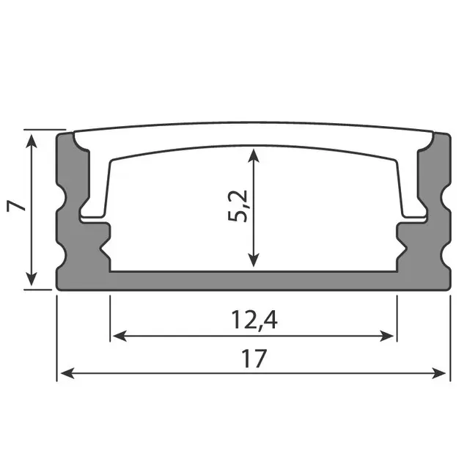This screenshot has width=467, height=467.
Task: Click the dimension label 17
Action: (x=252, y=359)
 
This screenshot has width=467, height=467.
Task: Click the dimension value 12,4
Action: (x=252, y=320)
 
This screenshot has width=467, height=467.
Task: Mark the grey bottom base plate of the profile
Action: (x=252, y=281)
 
